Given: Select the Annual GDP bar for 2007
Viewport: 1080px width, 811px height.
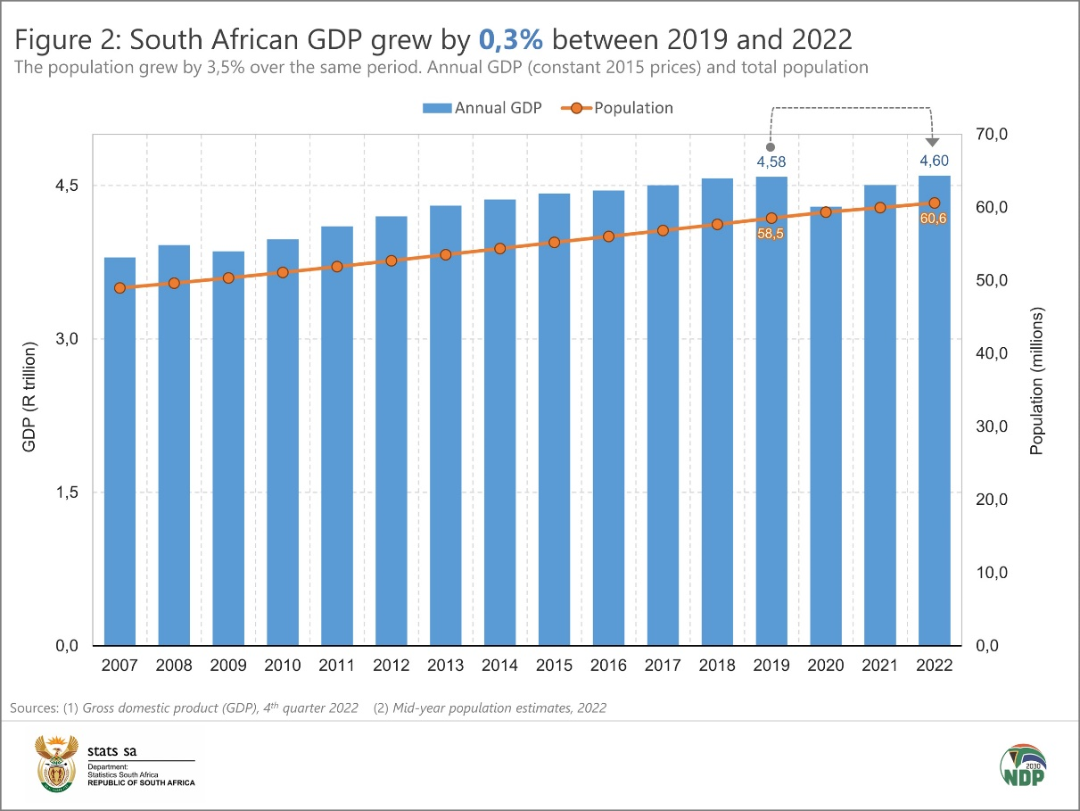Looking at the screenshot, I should [120, 451].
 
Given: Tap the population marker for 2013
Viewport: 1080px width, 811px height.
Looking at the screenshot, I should [446, 254].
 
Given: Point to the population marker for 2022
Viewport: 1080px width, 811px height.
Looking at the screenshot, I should [934, 203].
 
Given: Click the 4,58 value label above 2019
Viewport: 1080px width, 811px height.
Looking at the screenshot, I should [771, 162].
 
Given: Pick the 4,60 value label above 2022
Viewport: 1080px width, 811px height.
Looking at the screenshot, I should [934, 161].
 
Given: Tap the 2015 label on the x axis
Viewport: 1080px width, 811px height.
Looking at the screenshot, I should [554, 666].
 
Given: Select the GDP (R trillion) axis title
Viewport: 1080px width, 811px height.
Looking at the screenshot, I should [29, 396].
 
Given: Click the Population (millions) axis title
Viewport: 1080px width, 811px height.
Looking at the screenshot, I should [1036, 382].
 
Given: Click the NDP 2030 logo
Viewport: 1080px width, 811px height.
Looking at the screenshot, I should [1023, 765].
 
